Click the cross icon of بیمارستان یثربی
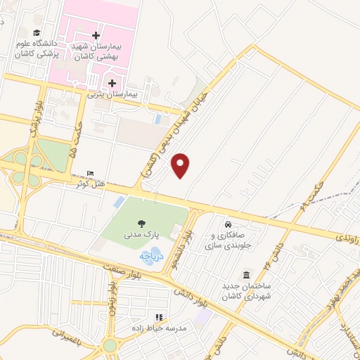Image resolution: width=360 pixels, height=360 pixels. [x=112, y=83]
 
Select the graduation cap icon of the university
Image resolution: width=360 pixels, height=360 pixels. [x=36, y=32]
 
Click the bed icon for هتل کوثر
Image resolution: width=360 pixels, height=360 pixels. [x=89, y=173]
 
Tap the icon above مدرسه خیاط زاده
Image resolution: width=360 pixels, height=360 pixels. [x=159, y=317]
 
